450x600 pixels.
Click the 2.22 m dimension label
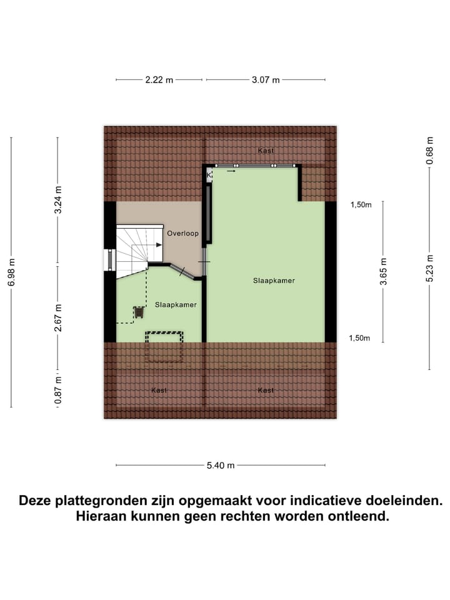click(159, 80)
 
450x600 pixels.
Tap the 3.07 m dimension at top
click(266, 80)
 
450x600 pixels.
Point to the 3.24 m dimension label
click(58, 200)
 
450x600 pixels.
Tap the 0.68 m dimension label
click(429, 151)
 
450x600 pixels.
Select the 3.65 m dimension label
click(383, 271)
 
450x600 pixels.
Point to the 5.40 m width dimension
click(221, 465)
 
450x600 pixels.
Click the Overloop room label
click(182, 234)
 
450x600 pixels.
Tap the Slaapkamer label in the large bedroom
click(274, 281)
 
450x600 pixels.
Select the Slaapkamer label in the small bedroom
click(176, 305)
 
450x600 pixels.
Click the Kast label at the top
click(266, 151)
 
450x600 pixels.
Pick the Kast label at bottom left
click(159, 390)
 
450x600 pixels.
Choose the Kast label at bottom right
click(266, 390)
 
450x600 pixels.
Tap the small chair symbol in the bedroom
click(137, 311)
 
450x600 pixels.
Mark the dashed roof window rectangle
click(164, 346)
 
